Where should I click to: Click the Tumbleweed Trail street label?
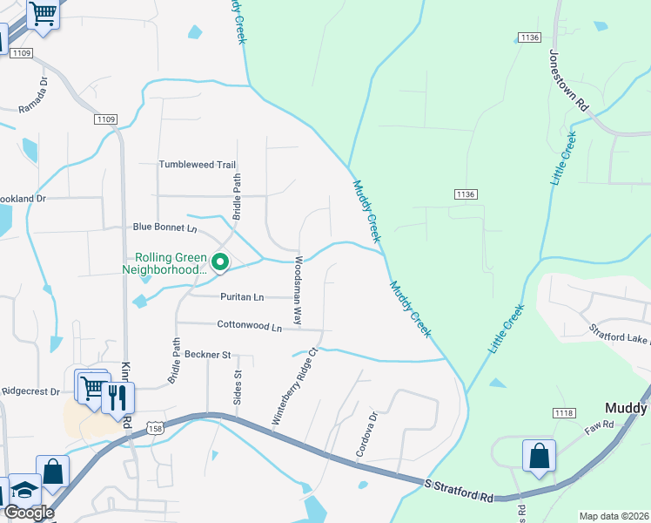click(x=198, y=164)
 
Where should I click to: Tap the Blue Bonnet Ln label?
click(x=165, y=227)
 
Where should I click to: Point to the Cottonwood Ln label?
click(x=250, y=327)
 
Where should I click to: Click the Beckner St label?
click(x=207, y=355)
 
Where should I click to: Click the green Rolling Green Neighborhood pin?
click(x=221, y=261)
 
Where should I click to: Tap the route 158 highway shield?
click(x=156, y=427)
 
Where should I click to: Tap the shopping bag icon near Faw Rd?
click(x=539, y=457)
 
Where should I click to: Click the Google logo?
click(x=28, y=513)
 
